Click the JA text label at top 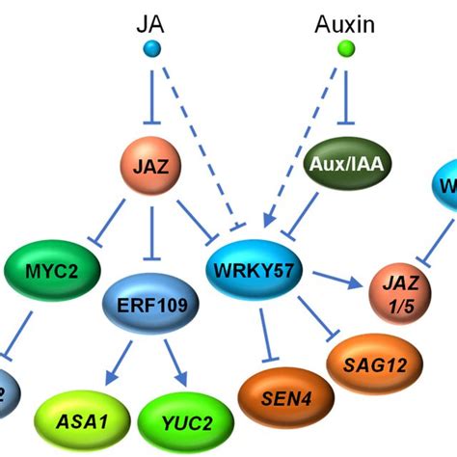point(150,21)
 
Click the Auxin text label point(342,21)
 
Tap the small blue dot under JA point(151,49)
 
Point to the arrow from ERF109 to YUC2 point(174,358)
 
